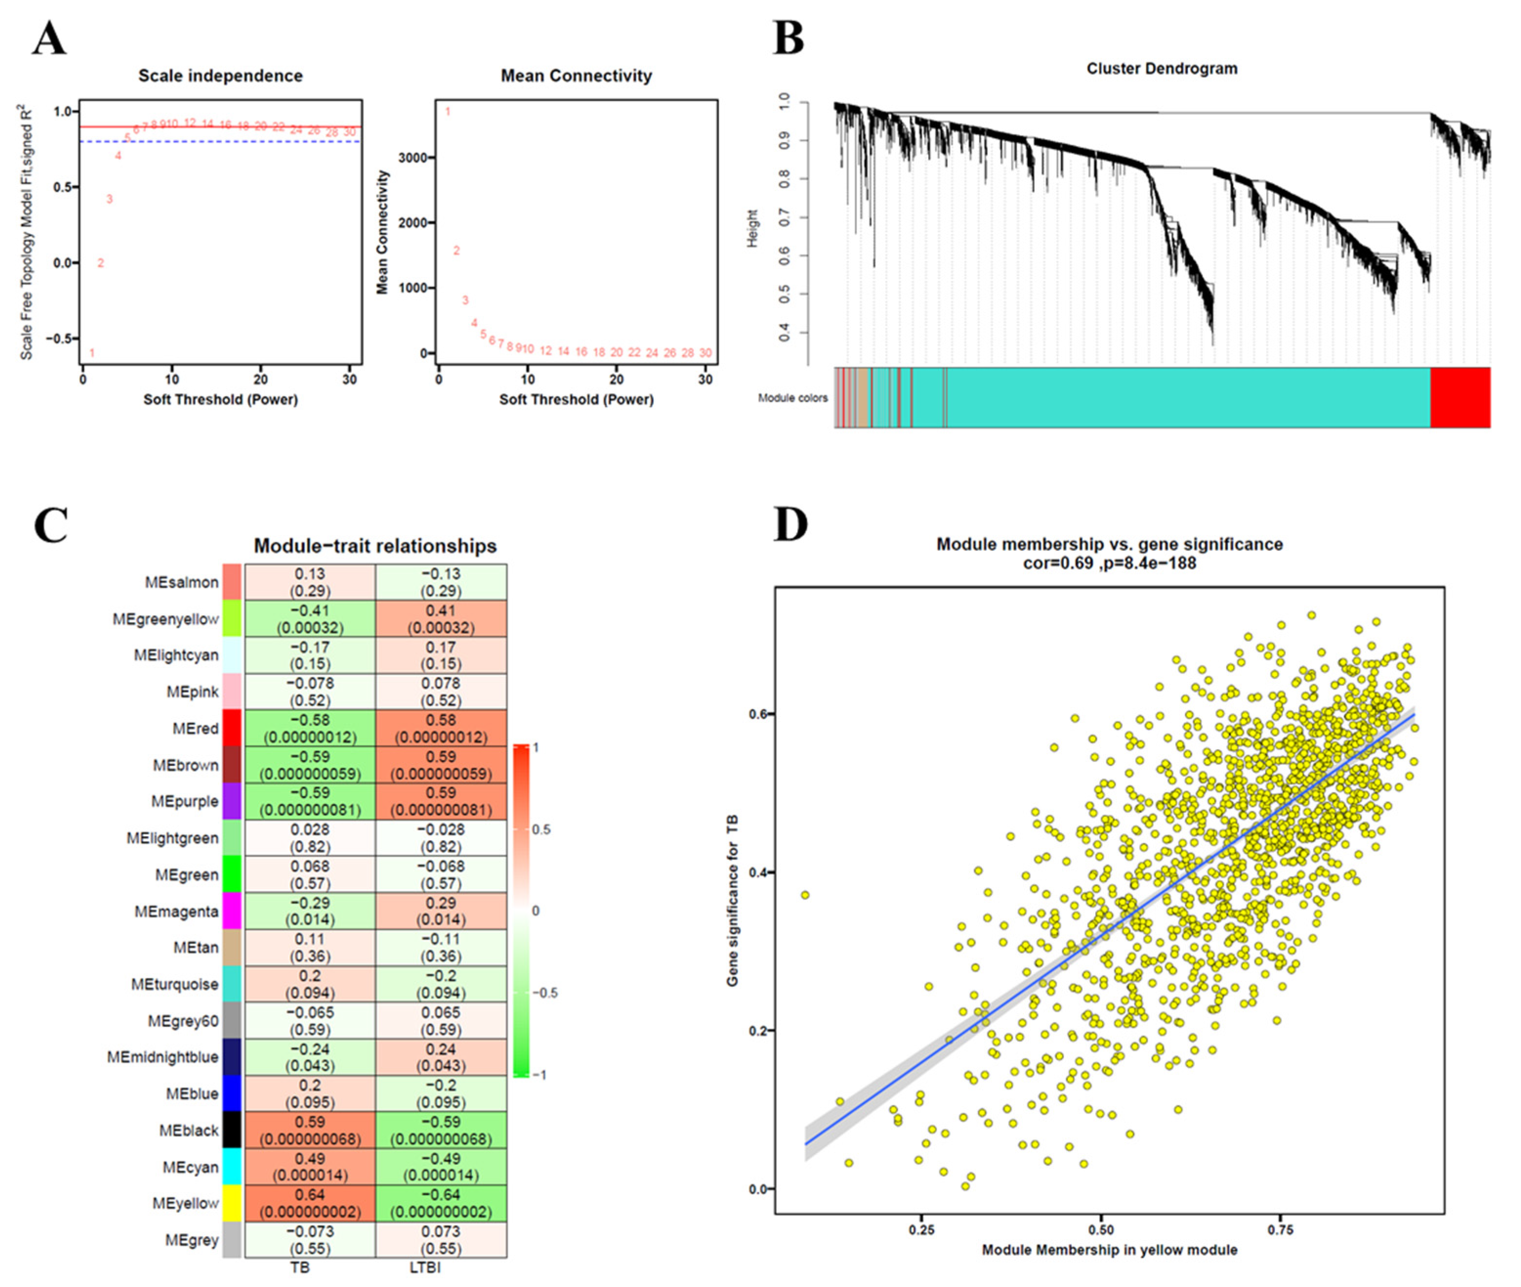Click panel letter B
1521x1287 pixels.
click(789, 39)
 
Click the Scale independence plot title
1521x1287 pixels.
click(220, 76)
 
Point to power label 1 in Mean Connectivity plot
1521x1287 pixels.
click(448, 112)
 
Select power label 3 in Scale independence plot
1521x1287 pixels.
click(109, 199)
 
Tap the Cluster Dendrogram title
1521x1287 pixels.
click(1161, 68)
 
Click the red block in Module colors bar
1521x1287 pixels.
click(1460, 398)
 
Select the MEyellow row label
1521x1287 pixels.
click(185, 1203)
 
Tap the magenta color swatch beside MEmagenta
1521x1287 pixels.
click(232, 910)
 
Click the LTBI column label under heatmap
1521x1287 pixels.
click(425, 1267)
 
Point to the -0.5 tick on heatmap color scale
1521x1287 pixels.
click(545, 993)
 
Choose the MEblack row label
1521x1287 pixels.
click(189, 1130)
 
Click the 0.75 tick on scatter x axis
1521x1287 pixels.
click(1280, 1229)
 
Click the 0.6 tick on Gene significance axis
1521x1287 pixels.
click(758, 714)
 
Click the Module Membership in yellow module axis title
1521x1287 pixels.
click(1109, 1250)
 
